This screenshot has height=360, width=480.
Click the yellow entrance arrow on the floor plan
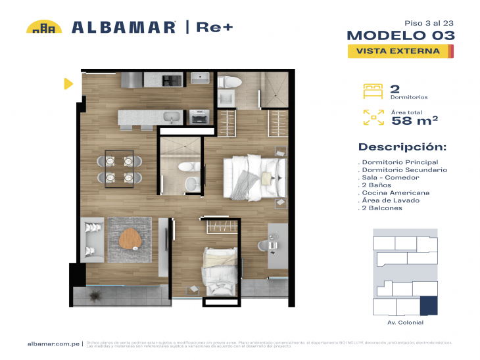pos(67,83)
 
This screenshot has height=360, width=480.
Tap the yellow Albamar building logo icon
pos(44,27)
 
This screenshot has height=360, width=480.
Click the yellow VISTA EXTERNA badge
pos(400,51)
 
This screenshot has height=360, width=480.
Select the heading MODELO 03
pos(400,35)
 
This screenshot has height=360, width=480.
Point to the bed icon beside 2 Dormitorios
pos(373,90)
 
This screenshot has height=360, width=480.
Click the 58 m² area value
pos(415,120)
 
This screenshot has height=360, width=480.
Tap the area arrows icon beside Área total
pos(373,118)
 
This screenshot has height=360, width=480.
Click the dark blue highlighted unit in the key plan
pos(429,306)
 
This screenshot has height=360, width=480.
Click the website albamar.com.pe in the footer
pos(53,344)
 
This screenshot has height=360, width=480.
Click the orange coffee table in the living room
pos(131,240)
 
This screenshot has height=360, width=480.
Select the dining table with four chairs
pos(120,168)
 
